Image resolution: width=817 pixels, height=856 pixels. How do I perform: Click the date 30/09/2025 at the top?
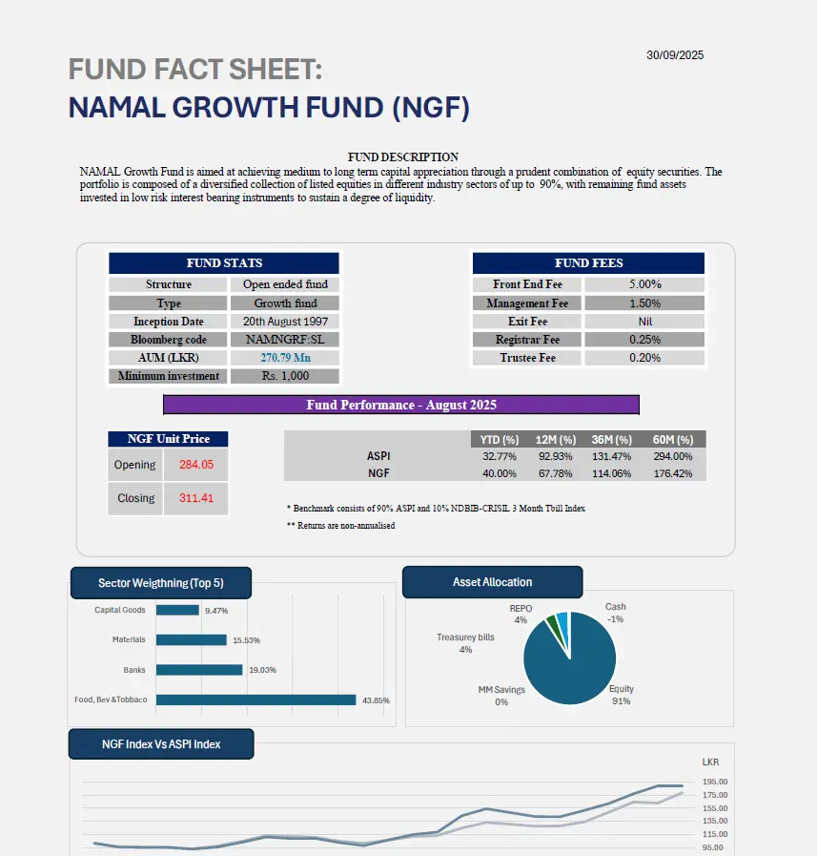pos(675,55)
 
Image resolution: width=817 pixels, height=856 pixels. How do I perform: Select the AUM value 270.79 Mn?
pos(286,358)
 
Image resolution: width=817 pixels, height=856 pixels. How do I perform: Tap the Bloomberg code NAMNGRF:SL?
pos(286,340)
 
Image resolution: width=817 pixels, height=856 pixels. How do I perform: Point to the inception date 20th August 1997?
pos(286,322)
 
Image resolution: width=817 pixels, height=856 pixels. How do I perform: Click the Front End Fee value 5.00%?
pos(645,284)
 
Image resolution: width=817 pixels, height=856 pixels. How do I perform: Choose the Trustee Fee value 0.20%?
pos(645,358)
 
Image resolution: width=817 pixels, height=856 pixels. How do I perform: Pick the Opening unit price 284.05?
pos(196,465)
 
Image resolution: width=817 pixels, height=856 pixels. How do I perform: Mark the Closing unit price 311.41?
pos(196,498)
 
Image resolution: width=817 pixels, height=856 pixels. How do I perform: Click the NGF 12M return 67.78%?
pos(554,473)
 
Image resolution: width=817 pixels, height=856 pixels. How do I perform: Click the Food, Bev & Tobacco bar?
pos(255,699)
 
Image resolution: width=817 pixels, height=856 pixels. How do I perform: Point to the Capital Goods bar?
pos(177,610)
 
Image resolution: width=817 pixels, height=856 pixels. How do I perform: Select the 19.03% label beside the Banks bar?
pos(262,670)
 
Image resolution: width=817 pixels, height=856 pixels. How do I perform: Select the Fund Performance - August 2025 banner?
pos(401,405)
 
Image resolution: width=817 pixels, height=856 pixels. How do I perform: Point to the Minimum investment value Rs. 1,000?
pos(286,376)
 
